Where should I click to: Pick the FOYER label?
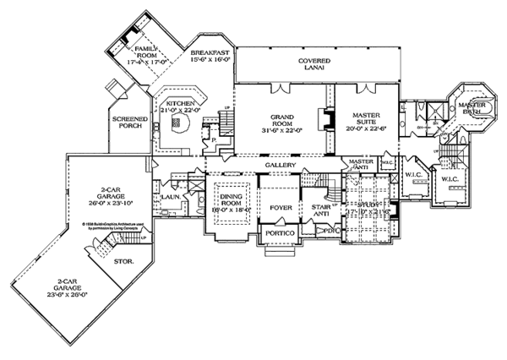[x=280, y=204]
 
